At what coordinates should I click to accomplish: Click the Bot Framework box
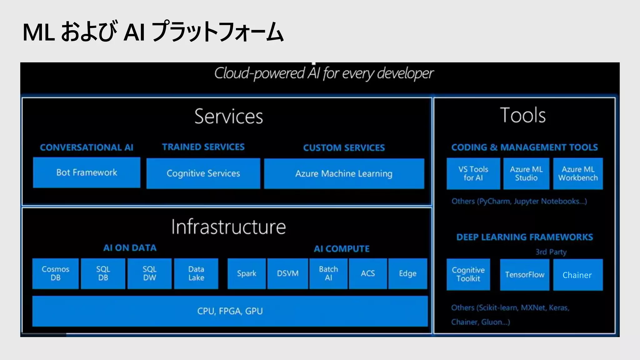87,172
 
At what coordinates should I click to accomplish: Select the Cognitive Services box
203,173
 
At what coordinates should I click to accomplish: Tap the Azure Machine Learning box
344,173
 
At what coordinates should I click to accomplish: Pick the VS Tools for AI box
473,173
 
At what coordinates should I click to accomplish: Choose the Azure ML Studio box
526,173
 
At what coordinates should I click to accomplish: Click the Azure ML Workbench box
578,173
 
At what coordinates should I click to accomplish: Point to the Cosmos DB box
55,273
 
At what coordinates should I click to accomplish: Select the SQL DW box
149,273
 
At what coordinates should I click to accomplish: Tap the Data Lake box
196,273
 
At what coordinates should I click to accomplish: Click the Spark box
247,273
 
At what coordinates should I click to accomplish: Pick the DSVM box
287,273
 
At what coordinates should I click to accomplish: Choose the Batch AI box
328,273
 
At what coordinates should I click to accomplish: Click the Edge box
407,273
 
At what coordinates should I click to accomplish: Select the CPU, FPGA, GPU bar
230,311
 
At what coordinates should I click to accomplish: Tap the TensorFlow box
525,275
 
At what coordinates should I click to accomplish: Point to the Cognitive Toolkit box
468,274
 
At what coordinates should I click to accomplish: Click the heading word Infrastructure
228,227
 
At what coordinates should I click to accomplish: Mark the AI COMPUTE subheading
342,249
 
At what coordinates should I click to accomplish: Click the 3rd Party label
551,252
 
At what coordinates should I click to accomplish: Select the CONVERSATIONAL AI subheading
87,147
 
